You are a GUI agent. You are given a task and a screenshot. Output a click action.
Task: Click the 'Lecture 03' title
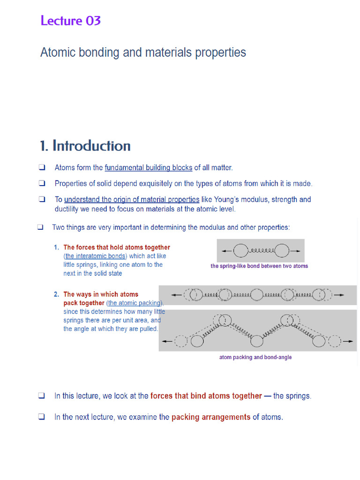pyautogui.click(x=70, y=21)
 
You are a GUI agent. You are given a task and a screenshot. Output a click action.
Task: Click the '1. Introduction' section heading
pyautogui.click(x=85, y=146)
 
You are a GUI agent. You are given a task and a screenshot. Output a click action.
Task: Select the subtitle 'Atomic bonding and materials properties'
pyautogui.click(x=143, y=52)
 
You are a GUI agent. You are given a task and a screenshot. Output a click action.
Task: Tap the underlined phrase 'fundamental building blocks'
pyautogui.click(x=148, y=168)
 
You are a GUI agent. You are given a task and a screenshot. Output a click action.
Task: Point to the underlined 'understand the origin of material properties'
pyautogui.click(x=132, y=200)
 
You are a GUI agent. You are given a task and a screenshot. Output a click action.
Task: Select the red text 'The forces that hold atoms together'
pyautogui.click(x=116, y=247)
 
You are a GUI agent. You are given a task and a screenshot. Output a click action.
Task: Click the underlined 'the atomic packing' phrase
pyautogui.click(x=135, y=303)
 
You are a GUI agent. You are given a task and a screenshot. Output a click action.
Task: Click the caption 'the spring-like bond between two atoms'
pyautogui.click(x=259, y=266)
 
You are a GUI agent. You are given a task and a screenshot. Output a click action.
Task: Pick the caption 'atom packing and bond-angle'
pyautogui.click(x=255, y=357)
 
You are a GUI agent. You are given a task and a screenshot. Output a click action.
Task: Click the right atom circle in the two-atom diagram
pyautogui.click(x=282, y=251)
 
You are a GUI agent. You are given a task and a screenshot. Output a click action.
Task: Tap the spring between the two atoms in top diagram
pyautogui.click(x=261, y=251)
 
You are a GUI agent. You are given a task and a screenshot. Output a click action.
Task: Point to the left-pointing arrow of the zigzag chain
pyautogui.click(x=166, y=342)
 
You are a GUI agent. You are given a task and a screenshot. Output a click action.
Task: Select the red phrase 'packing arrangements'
pyautogui.click(x=211, y=417)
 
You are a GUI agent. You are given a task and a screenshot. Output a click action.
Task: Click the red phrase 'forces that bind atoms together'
pyautogui.click(x=206, y=396)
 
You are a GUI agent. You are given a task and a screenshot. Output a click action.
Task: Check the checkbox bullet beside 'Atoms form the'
pyautogui.click(x=42, y=168)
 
